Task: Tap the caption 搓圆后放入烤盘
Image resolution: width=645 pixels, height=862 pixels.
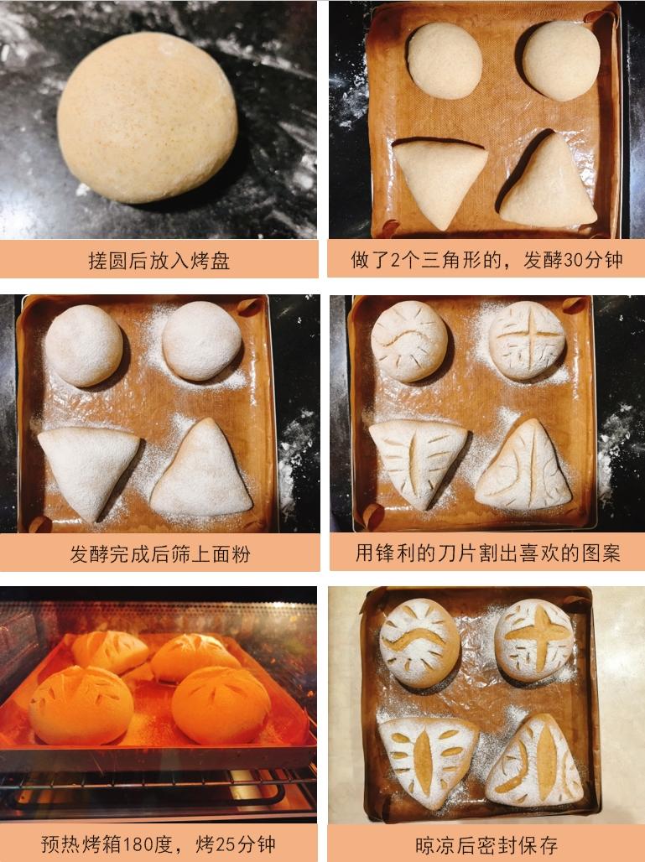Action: pyautogui.click(x=159, y=261)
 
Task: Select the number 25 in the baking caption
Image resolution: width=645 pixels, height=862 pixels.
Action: pyautogui.click(x=226, y=844)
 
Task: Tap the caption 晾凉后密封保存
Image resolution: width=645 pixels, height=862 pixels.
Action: pyautogui.click(x=486, y=844)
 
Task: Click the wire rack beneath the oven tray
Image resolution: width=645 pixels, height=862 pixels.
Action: pyautogui.click(x=159, y=792)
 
